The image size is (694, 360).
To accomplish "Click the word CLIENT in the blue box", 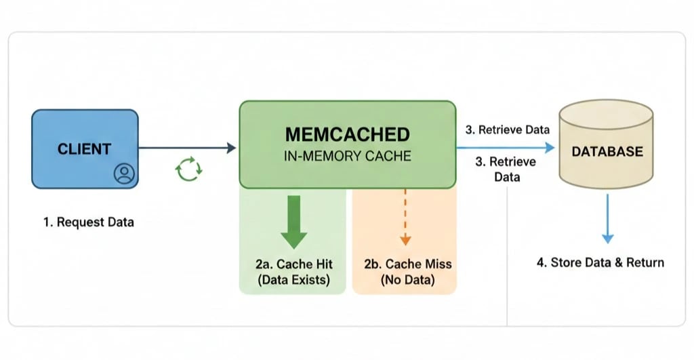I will pos(84,149).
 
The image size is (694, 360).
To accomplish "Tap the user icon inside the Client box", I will pos(124,174).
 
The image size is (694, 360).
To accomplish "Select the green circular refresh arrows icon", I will pos(188,169).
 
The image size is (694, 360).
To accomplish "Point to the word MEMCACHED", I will pos(347,134).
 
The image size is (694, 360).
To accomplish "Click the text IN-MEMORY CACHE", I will pos(347,156).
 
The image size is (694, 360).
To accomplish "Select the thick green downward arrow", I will pos(293,220).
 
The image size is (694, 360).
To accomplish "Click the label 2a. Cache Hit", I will pos(293,264).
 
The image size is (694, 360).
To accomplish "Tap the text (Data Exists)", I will pos(293,279).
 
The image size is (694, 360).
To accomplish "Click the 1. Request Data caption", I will pos(89,222).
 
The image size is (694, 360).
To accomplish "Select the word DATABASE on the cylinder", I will pos(607,151).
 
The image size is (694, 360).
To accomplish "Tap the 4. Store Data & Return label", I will pos(600,262).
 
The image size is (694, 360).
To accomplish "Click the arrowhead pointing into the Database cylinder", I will pos(550,146).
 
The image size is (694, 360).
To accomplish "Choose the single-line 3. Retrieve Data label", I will pos(507,129).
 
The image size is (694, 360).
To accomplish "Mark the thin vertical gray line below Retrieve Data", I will pos(507,258).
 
